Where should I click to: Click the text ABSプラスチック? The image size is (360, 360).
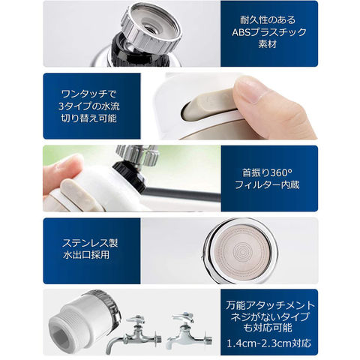[x=269, y=32]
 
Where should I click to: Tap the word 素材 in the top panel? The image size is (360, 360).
[x=268, y=44]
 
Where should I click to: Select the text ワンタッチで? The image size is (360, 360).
[x=89, y=94]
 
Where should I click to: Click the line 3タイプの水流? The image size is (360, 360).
[x=89, y=106]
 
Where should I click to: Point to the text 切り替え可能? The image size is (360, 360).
[x=89, y=118]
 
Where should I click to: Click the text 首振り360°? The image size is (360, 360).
[x=267, y=172]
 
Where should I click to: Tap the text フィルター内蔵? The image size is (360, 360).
[x=267, y=185]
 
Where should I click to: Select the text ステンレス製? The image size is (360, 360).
[x=90, y=243]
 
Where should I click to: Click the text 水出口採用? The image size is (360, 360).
[x=86, y=255]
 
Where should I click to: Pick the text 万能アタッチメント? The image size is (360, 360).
[x=271, y=305]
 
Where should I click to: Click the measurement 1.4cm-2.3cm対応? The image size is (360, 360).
[x=269, y=343]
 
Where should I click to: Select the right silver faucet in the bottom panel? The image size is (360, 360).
[x=189, y=330]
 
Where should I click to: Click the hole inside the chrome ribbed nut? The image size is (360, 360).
[x=151, y=28]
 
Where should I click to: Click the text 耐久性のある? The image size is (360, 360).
[x=268, y=20]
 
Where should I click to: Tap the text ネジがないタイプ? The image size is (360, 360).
[x=270, y=316]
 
